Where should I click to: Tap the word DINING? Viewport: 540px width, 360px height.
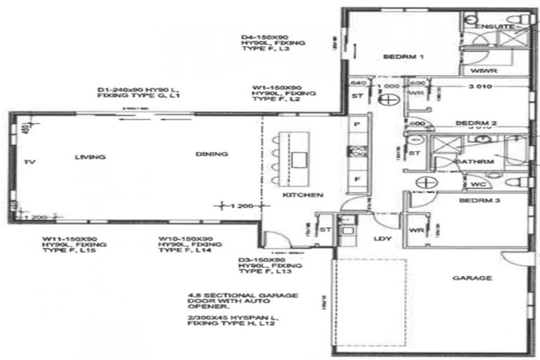tap(212, 154)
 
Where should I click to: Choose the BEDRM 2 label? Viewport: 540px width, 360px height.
tap(476, 123)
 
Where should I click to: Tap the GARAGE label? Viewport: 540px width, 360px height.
tap(472, 278)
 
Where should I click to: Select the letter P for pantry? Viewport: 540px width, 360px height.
tap(358, 124)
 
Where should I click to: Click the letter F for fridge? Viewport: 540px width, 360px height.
tap(358, 180)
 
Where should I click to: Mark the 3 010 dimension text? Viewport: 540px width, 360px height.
tap(484, 86)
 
